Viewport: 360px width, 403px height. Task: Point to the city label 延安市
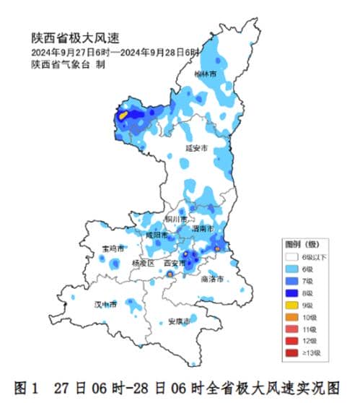coord(196,147)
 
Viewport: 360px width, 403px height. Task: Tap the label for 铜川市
coord(175,218)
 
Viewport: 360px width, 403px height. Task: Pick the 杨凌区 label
coord(143,264)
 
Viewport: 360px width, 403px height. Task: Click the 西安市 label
coord(176,264)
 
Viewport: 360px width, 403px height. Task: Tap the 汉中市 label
coord(106,304)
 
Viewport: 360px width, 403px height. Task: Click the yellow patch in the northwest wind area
coord(123,114)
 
